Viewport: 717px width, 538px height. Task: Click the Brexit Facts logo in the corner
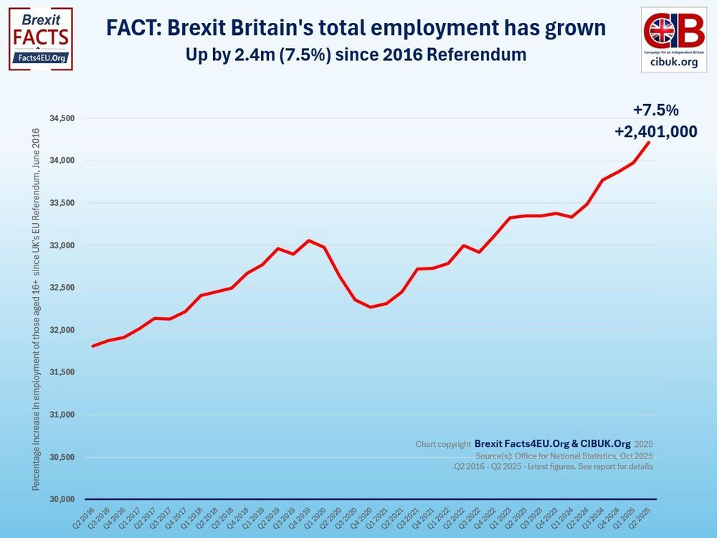tap(40, 39)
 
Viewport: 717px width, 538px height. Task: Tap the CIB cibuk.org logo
tap(673, 39)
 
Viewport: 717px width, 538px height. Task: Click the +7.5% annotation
tap(655, 110)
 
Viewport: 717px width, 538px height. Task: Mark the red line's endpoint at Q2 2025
tap(650, 142)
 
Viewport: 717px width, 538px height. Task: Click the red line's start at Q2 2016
tap(92, 346)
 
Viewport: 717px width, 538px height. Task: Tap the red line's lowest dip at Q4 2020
tap(371, 307)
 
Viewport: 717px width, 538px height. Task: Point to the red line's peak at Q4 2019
tap(309, 240)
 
